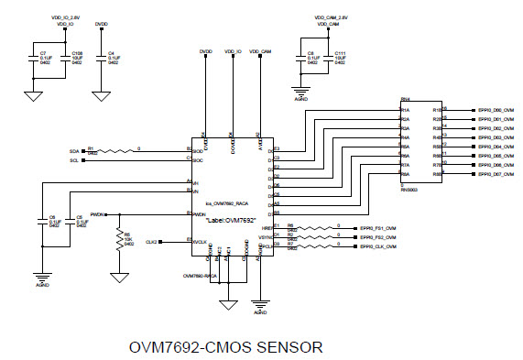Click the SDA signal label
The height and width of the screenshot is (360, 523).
tap(74, 150)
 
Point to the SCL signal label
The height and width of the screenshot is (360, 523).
tap(74, 160)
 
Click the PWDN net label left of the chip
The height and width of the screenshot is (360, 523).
tap(97, 213)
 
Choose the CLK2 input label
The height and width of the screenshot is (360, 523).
tap(151, 240)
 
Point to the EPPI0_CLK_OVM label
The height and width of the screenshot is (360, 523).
tap(377, 247)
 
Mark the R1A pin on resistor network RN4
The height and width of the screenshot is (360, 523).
tap(406, 110)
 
